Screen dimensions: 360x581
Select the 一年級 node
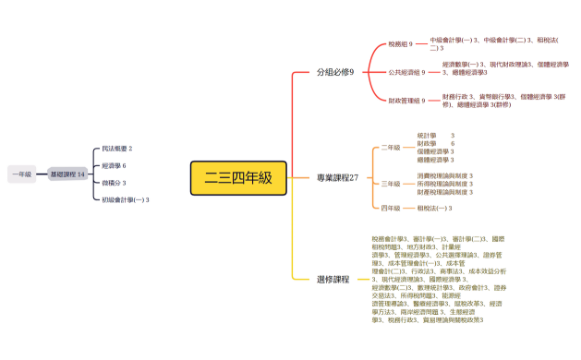[21, 174]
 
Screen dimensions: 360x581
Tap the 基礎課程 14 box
[67, 174]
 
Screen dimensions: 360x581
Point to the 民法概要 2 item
[117, 148]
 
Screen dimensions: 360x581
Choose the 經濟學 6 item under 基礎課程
[114, 165]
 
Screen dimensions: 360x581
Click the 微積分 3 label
[114, 183]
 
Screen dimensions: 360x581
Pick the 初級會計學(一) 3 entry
[126, 199]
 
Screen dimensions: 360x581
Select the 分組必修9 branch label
[335, 71]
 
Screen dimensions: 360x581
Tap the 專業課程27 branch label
[337, 176]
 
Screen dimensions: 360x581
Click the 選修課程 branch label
[333, 279]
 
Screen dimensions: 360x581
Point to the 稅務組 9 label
[400, 43]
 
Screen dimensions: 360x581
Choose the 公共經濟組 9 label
[405, 71]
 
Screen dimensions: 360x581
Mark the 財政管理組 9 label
[406, 100]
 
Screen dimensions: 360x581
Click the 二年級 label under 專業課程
[391, 148]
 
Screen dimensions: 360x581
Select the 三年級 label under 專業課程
[391, 184]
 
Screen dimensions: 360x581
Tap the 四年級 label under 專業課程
[391, 209]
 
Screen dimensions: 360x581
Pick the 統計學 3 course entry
[436, 136]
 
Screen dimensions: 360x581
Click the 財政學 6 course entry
[436, 144]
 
